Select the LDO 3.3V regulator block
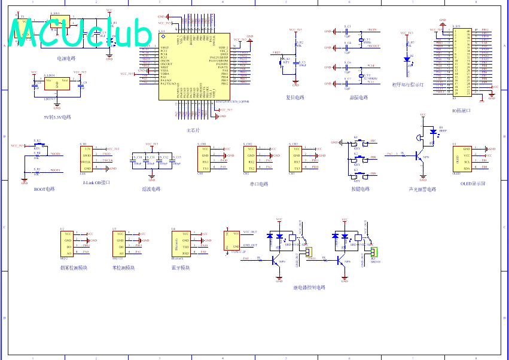point(56,84)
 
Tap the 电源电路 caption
point(66,59)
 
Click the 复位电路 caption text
point(295,97)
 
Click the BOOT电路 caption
point(44,189)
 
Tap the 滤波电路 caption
point(151,189)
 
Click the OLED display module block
point(462,158)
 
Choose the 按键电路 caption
point(360,189)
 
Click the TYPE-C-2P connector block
point(229,240)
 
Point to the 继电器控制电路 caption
point(309,288)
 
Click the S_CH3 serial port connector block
point(295,158)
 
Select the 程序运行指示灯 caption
point(407,85)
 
